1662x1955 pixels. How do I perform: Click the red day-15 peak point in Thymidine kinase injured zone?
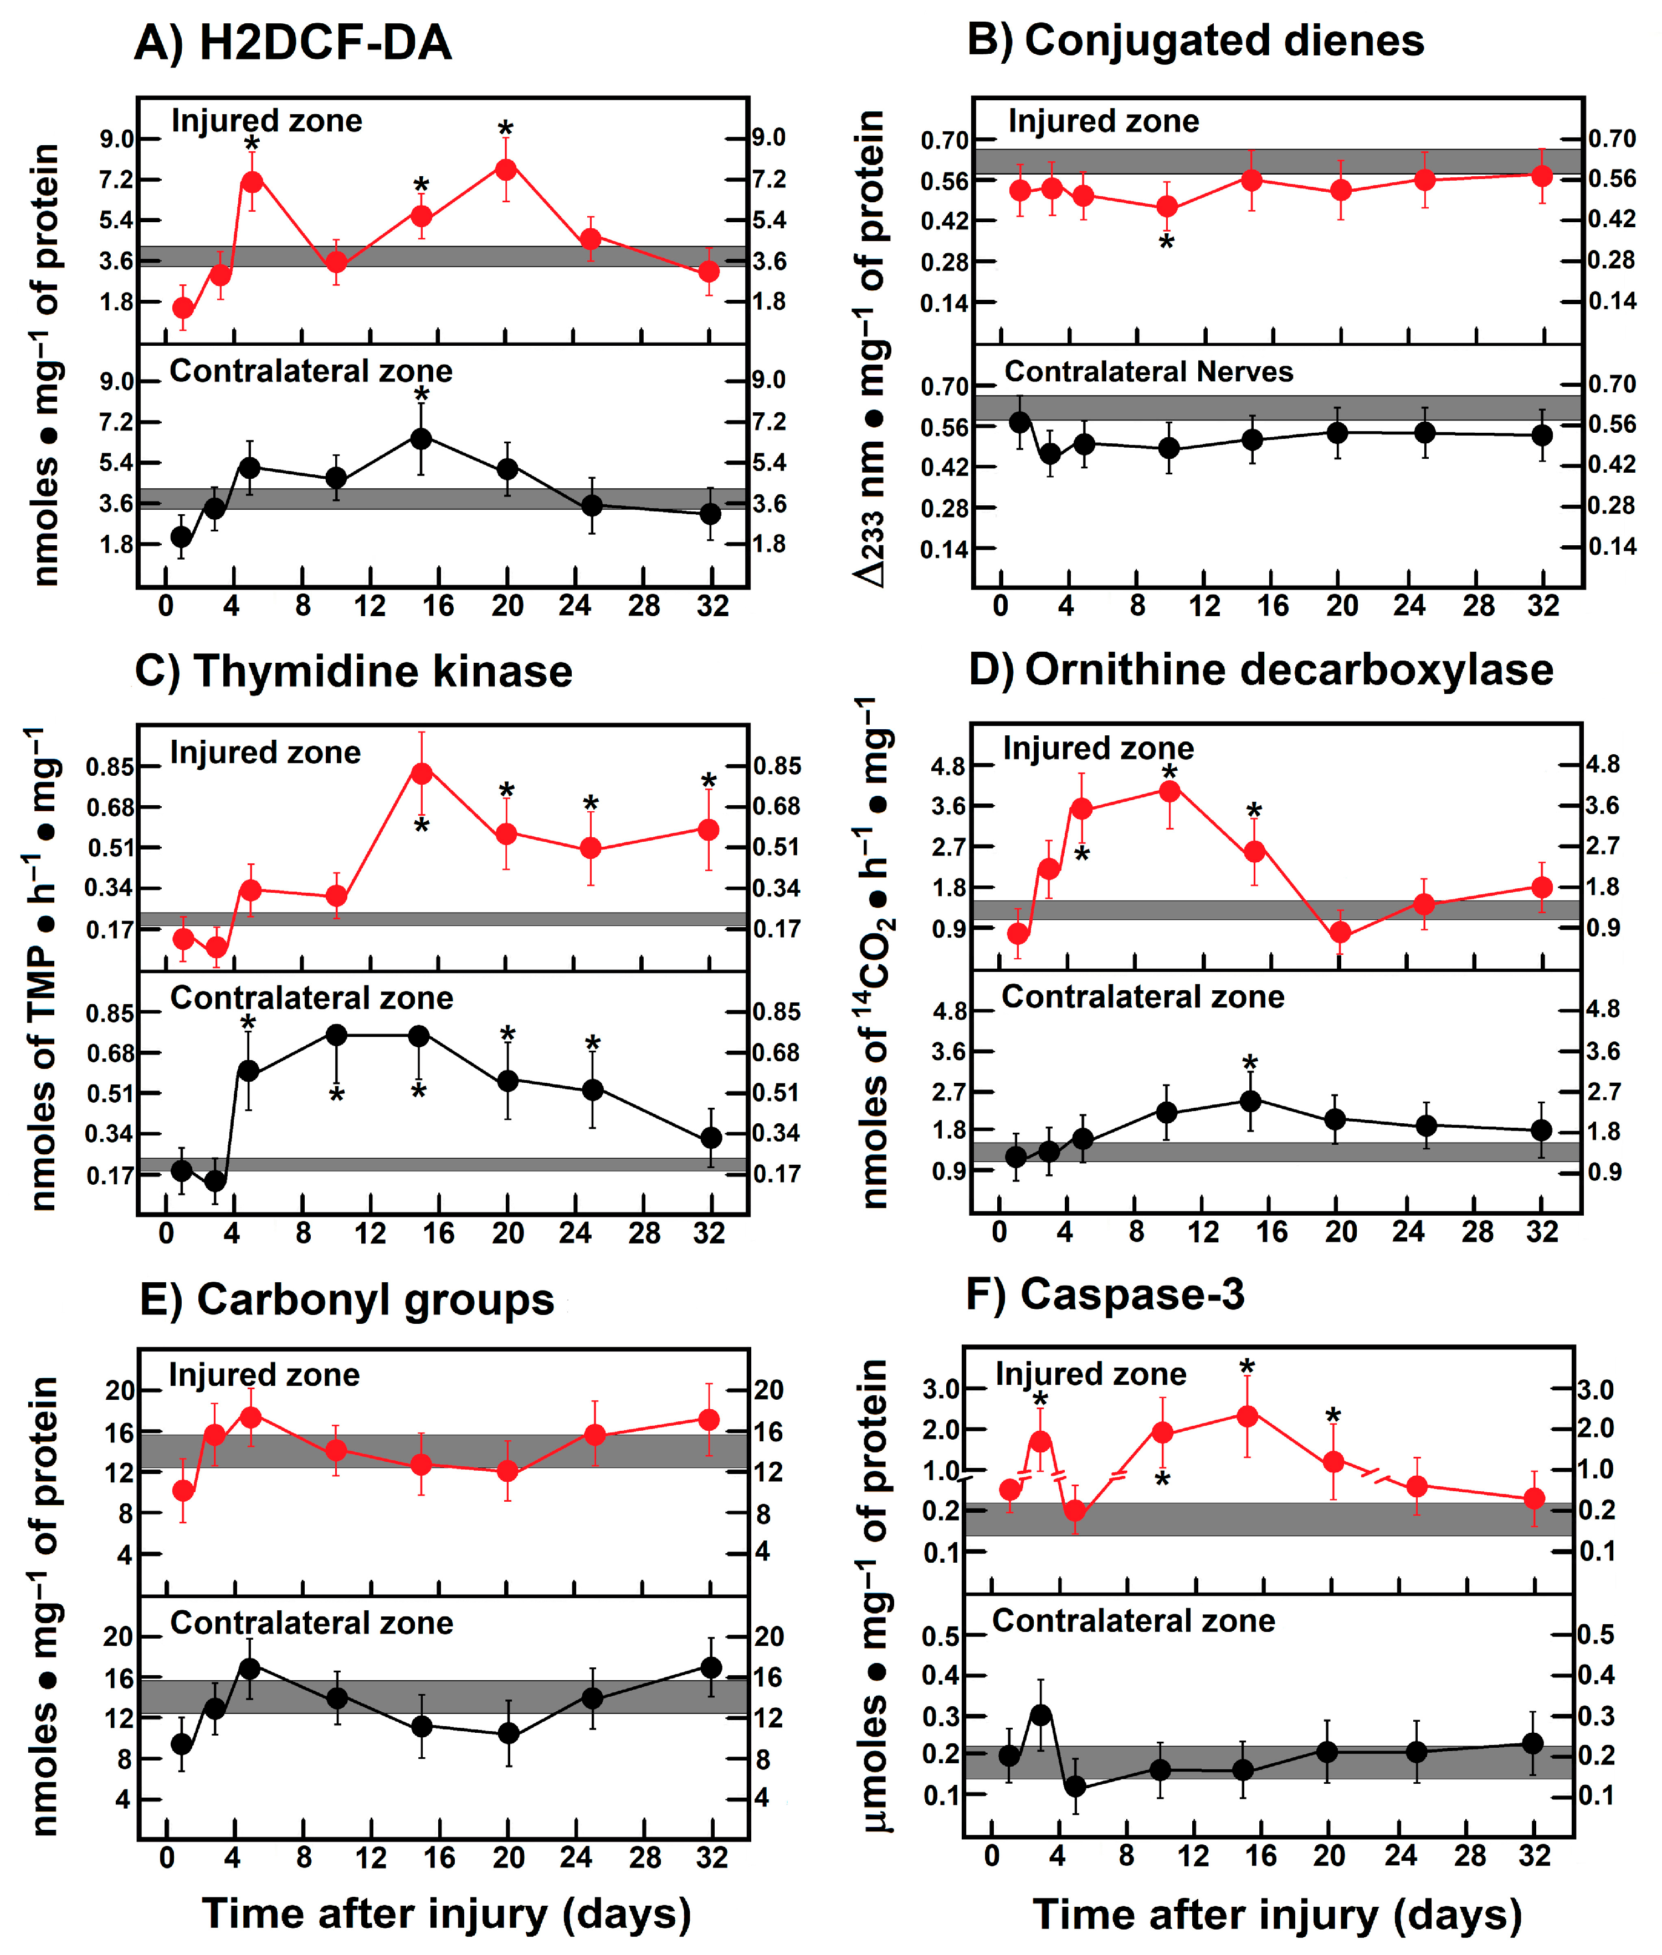(421, 772)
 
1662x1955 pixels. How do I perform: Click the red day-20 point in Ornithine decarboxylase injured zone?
(1340, 933)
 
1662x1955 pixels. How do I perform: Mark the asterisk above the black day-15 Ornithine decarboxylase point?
(1249, 1064)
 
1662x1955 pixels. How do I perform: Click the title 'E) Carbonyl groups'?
(347, 1299)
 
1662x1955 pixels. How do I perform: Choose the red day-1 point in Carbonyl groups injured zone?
(184, 1491)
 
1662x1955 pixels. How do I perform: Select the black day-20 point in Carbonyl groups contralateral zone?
(508, 1733)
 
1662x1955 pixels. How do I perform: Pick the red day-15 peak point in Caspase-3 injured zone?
(1246, 1415)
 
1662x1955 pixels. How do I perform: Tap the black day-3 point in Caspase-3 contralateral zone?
(1040, 1715)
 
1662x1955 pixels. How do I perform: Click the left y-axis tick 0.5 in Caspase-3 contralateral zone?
(940, 1636)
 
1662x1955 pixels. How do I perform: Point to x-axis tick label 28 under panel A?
(644, 606)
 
